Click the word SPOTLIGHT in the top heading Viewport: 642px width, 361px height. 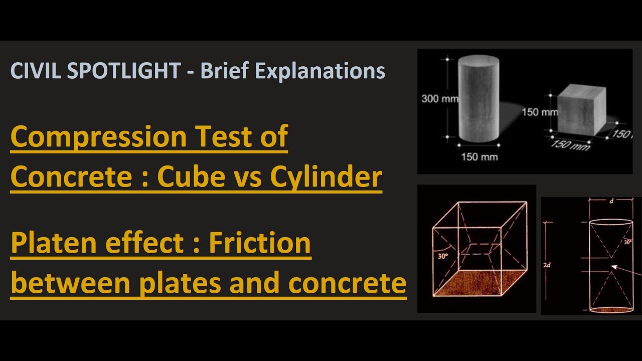(123, 71)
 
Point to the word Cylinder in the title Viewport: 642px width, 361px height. (326, 176)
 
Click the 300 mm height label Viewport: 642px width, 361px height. (439, 99)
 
